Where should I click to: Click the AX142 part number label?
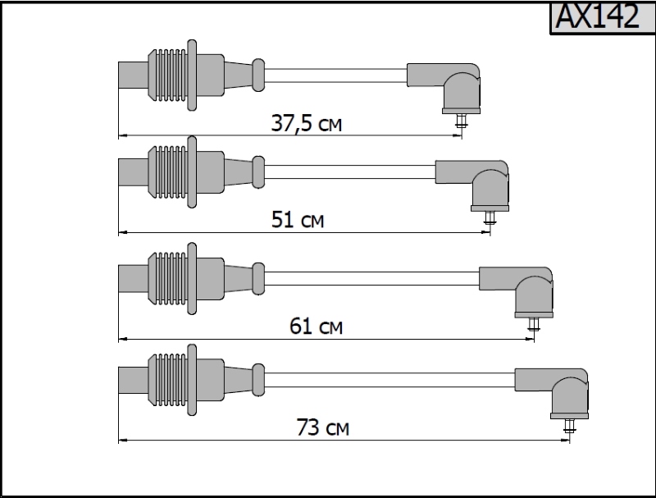[x=598, y=16]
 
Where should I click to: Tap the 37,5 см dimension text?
[x=306, y=123]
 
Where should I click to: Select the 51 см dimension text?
[x=298, y=219]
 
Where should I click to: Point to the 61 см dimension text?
[x=316, y=326]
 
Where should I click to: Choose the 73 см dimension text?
[x=322, y=427]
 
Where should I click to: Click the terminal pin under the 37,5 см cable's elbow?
[x=462, y=121]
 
